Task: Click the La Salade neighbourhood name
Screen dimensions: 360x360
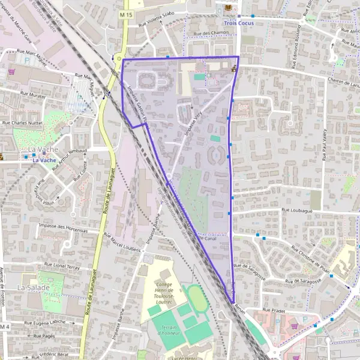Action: [31, 287]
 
